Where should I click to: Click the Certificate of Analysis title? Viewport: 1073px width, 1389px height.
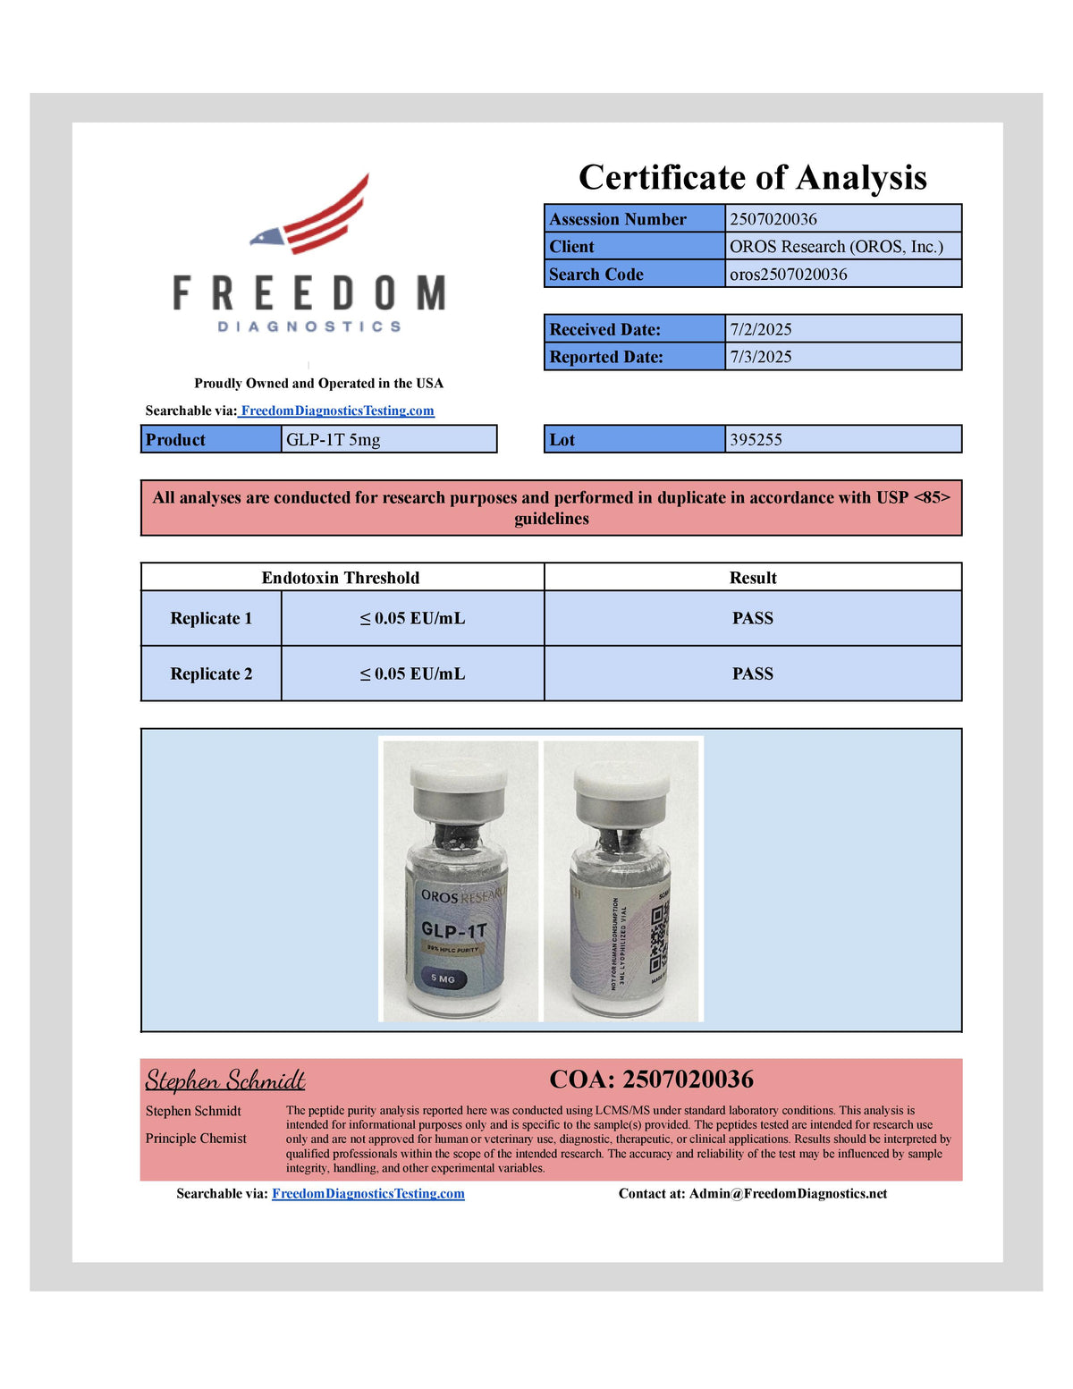coord(752,177)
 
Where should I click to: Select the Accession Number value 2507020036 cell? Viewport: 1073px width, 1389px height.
coord(842,219)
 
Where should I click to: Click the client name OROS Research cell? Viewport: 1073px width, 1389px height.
coord(842,247)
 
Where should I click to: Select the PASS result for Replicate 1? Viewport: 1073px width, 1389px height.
coord(753,618)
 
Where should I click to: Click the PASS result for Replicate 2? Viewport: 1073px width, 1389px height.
coord(753,673)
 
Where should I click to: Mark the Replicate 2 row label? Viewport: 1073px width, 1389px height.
coord(211,673)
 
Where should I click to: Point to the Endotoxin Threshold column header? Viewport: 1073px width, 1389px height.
coord(341,578)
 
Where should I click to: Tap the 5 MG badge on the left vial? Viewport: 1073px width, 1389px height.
coord(443,978)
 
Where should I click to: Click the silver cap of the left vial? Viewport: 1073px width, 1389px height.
coord(459,783)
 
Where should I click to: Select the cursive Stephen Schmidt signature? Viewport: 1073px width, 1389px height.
coord(225,1080)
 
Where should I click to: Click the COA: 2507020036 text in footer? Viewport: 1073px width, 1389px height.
coord(651,1080)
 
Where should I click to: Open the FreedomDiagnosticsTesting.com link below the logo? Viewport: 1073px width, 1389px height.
coord(337,411)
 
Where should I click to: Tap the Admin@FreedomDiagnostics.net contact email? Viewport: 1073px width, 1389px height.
coord(788,1193)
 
